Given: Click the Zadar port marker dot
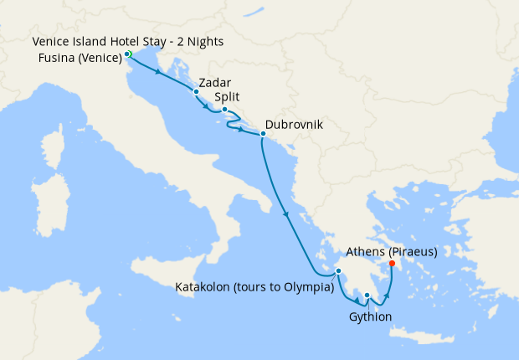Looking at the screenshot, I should (196, 92).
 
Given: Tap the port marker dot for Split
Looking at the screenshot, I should (224, 110).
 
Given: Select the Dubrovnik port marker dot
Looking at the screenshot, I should (263, 134).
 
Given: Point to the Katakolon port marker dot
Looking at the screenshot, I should (338, 270).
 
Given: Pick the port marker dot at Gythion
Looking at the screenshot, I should (367, 295).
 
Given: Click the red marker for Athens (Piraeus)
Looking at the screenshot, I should (392, 264).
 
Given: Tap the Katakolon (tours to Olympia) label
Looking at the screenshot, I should (254, 287).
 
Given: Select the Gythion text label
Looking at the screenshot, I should (368, 316).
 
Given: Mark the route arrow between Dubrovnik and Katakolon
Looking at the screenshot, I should (287, 214).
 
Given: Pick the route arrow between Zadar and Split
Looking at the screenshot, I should (207, 105).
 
